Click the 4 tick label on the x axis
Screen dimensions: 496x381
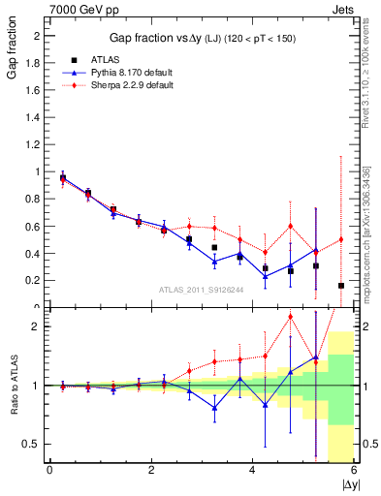point(252,471)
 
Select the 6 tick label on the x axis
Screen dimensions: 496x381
point(354,471)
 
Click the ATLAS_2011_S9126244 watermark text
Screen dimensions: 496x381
point(203,289)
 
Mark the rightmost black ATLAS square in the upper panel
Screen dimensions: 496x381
point(341,286)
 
